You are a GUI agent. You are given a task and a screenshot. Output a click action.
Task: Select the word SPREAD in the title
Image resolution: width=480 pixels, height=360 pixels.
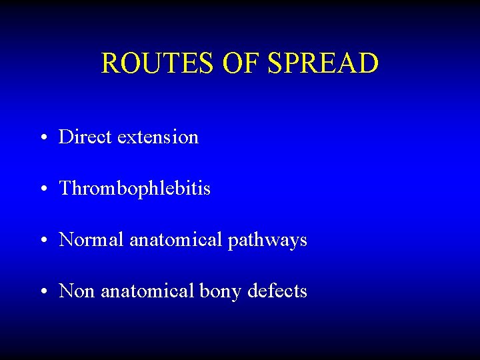[x=323, y=63]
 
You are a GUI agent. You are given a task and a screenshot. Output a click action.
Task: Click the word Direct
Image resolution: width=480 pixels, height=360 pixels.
[x=85, y=137]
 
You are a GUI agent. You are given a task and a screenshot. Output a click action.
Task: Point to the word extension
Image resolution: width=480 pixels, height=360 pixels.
[x=158, y=137]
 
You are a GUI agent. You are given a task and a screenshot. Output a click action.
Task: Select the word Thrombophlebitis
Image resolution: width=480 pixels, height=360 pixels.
[x=135, y=189]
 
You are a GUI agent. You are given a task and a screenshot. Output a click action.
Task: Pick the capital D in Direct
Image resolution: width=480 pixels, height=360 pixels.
[x=65, y=137]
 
